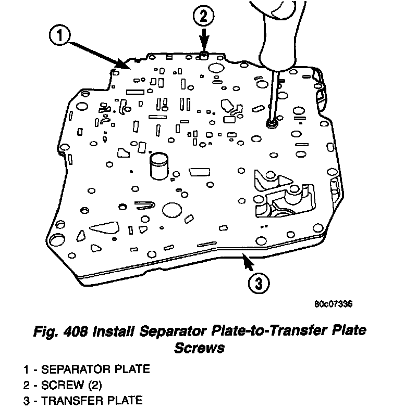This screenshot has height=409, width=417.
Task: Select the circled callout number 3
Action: [x=259, y=284]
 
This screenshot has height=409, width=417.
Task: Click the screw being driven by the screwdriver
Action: [x=272, y=124]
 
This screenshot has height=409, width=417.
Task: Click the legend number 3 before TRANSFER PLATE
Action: [x=27, y=401]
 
